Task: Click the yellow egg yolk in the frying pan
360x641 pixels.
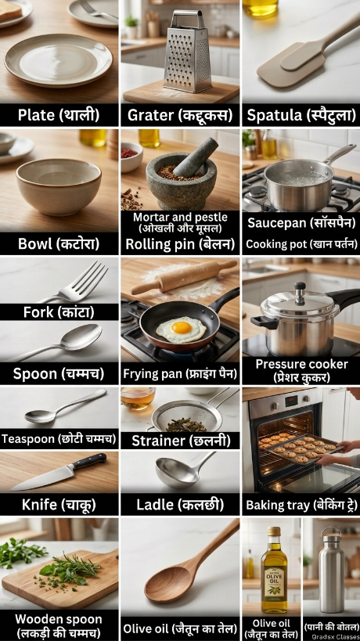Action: pyautogui.click(x=182, y=327)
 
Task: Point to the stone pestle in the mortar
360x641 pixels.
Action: pyautogui.click(x=196, y=157)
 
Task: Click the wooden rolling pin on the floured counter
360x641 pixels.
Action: pyautogui.click(x=183, y=276)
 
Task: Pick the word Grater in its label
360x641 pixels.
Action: pyautogui.click(x=150, y=115)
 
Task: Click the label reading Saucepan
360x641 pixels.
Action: pyautogui.click(x=276, y=223)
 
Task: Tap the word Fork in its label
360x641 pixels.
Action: pyautogui.click(x=38, y=312)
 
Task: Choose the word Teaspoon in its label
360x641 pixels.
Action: pyautogui.click(x=28, y=439)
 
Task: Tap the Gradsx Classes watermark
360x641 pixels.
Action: pyautogui.click(x=336, y=637)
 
